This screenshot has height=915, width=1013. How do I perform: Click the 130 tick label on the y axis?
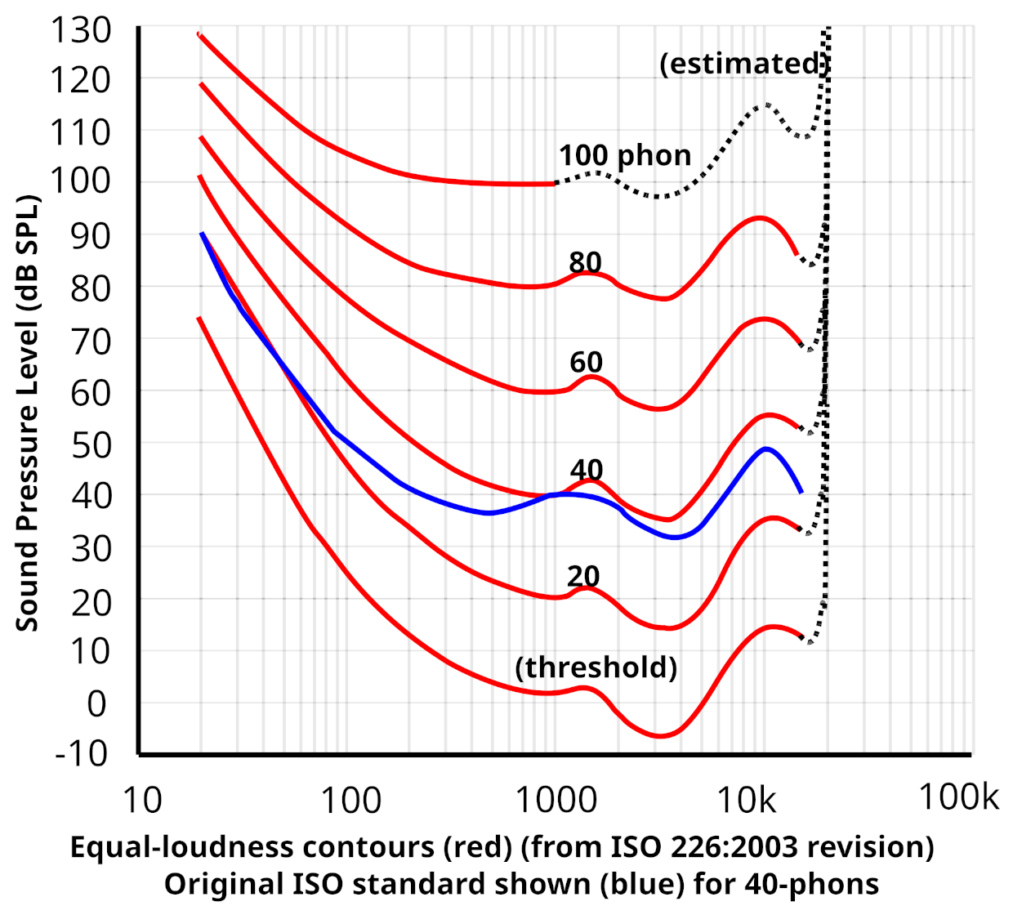point(81,30)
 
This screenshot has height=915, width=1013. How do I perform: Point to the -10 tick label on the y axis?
point(81,752)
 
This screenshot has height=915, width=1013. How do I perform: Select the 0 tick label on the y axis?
point(96,703)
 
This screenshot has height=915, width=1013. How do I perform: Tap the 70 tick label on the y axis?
point(90,341)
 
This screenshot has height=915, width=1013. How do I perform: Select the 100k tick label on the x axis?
point(958,797)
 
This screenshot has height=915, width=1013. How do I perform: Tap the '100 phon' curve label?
point(625,155)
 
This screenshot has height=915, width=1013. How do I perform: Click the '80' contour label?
point(585,262)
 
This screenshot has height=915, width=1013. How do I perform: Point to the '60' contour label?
point(586,362)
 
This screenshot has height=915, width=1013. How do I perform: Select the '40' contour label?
point(586,470)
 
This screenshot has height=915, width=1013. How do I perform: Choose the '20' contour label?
point(583,577)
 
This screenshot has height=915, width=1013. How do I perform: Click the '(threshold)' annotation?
point(596,667)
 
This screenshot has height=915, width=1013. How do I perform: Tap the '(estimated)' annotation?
point(744,64)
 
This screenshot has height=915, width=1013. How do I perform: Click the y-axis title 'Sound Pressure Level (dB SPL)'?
point(27,413)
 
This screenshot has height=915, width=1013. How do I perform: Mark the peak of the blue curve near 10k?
point(765,449)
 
